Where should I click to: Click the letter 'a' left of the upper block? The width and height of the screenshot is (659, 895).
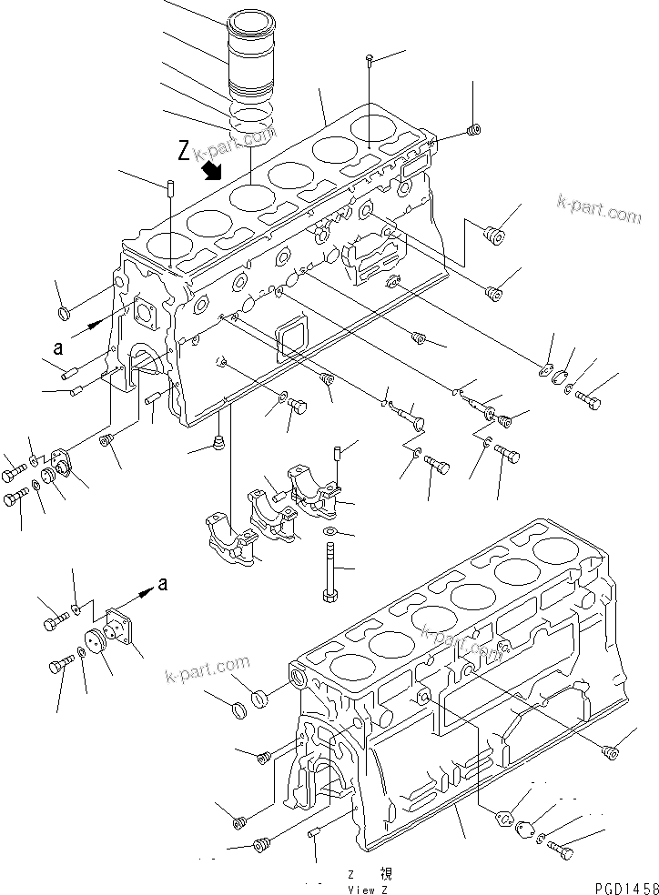coord(57,347)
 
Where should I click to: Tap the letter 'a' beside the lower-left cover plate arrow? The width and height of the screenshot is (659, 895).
coord(162,584)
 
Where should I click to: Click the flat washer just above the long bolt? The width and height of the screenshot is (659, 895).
coord(329,532)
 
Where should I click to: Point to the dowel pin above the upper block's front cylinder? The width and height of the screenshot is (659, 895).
coord(170,188)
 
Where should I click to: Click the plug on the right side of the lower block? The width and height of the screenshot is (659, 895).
coord(611,751)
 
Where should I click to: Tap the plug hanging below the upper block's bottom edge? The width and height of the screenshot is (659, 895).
coord(218,444)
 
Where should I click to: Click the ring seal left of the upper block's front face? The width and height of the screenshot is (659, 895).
coord(65,315)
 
